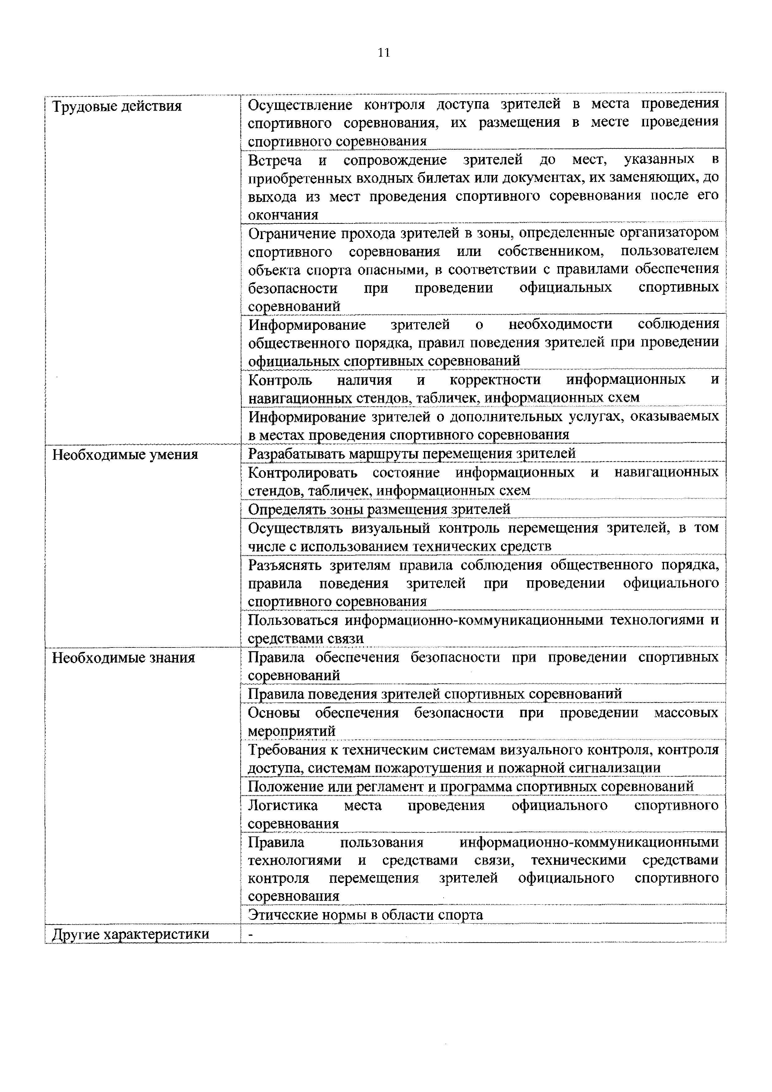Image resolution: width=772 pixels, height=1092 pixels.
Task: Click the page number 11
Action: (x=384, y=53)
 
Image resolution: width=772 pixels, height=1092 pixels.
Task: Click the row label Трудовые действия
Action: (x=116, y=106)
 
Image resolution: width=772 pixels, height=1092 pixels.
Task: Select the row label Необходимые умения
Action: (x=125, y=455)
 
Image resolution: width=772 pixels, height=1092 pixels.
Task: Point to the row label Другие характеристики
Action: (x=130, y=934)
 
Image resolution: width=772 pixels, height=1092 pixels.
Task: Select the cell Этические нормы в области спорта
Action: (x=365, y=915)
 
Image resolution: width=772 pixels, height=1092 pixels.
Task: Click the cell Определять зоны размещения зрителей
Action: (x=379, y=509)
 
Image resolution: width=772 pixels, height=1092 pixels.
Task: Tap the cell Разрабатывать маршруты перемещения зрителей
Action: (x=412, y=454)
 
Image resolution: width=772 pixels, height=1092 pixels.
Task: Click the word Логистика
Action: (x=283, y=806)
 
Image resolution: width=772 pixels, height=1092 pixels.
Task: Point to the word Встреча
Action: (x=275, y=160)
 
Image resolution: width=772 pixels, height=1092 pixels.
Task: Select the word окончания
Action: (x=283, y=215)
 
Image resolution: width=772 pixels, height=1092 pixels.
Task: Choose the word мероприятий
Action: (x=292, y=731)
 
